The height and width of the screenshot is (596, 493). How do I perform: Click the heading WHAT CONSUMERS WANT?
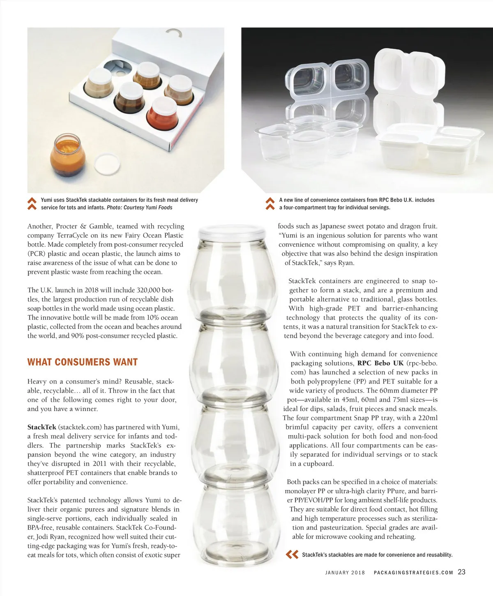(83, 362)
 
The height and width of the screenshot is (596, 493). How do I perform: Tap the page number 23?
(462, 572)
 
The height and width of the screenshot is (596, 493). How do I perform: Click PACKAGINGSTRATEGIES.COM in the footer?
(413, 572)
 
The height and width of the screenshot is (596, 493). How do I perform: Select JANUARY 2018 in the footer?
(345, 572)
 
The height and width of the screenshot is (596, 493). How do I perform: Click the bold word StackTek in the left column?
(41, 427)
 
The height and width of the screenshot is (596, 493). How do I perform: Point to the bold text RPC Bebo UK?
(380, 363)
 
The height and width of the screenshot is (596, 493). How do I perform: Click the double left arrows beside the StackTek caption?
(292, 554)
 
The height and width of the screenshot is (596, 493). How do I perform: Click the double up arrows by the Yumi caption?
(32, 203)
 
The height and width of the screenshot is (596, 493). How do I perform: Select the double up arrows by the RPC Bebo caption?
(270, 203)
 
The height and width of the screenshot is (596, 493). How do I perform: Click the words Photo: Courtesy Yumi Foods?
(140, 208)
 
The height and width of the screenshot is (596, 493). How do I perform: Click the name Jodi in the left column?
(42, 537)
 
